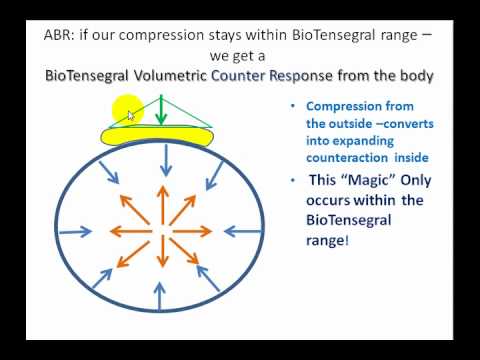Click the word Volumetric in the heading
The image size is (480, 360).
(x=170, y=76)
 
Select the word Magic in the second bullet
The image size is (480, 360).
(x=369, y=180)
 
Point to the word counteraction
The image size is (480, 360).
(x=347, y=158)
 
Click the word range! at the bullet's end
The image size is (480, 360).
(x=327, y=241)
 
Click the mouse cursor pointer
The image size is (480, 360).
(x=131, y=116)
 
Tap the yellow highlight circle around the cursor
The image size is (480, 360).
(x=128, y=110)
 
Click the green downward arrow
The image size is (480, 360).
(x=161, y=110)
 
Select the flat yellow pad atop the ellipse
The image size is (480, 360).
(x=158, y=136)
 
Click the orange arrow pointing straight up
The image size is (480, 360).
(x=163, y=205)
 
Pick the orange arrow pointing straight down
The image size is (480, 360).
(x=163, y=251)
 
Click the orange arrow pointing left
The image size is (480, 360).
(x=131, y=231)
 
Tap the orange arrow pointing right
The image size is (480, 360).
(x=192, y=231)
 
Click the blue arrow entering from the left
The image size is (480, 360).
(x=75, y=231)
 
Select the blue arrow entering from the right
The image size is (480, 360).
(x=243, y=231)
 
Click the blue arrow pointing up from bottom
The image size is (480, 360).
(x=160, y=296)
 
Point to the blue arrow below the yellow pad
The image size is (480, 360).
(x=166, y=161)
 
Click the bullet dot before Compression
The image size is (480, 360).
(x=293, y=106)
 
